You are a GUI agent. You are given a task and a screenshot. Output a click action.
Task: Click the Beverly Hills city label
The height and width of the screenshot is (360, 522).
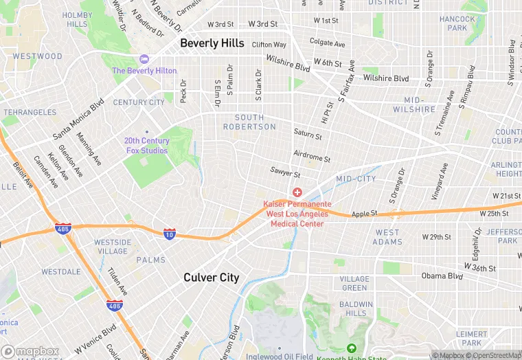(212, 43)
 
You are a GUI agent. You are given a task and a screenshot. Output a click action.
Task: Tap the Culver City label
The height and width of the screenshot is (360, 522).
(211, 278)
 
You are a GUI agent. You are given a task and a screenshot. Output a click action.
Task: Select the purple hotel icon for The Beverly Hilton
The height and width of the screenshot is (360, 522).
(144, 59)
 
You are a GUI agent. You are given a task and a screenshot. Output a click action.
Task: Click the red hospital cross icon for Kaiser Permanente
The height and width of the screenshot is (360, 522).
(297, 192)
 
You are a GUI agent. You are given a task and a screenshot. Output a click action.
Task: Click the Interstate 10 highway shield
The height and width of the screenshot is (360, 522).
(170, 234)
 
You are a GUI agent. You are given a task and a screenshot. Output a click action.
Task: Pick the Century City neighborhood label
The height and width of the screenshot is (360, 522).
(139, 102)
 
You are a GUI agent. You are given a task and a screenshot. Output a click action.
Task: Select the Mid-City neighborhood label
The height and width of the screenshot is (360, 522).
(356, 179)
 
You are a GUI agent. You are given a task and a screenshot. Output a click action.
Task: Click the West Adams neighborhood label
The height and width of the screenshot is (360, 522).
(388, 237)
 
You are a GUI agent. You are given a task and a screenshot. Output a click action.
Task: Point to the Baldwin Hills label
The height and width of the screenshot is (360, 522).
(355, 308)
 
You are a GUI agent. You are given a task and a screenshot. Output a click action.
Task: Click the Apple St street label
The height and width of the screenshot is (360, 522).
(365, 214)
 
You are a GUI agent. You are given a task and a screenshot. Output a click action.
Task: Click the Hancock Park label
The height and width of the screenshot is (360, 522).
(453, 24)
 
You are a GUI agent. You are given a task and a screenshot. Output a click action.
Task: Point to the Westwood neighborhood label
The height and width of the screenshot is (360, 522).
(37, 56)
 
